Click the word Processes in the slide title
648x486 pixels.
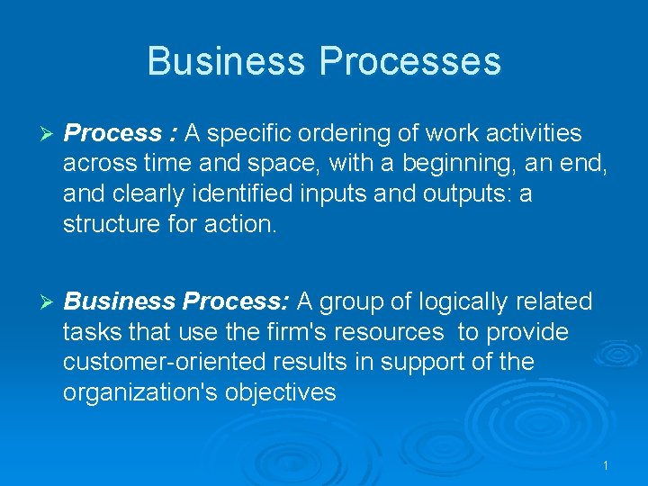409,61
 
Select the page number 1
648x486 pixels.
606,465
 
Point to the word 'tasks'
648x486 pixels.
88,332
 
